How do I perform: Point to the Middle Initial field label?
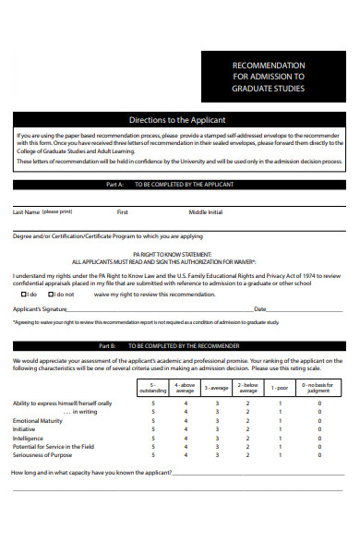click(206, 211)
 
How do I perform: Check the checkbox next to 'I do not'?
click(57, 294)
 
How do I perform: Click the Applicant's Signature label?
click(40, 309)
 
